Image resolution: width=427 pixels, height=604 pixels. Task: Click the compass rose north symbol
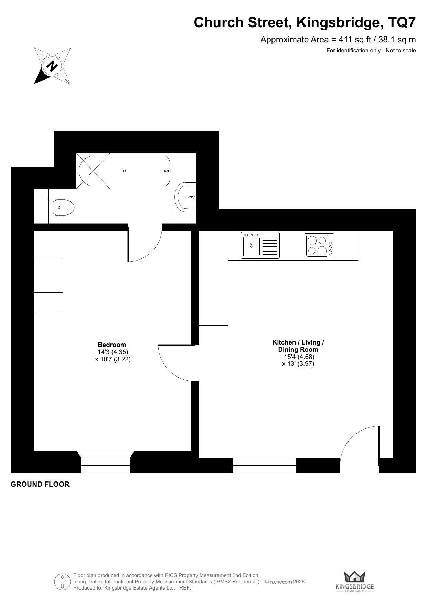point(52,66)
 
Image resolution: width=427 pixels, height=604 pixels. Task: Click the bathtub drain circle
point(124,171)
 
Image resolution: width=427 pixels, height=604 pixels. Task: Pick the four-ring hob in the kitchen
point(319,245)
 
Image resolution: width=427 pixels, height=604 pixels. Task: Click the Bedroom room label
point(112,345)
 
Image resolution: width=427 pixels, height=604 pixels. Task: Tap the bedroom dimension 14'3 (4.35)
point(113,352)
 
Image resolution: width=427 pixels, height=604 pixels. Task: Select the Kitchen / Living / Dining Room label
point(298,346)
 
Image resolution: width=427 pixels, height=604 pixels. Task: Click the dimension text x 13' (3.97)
point(298,364)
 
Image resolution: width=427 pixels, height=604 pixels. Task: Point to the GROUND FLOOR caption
point(40,484)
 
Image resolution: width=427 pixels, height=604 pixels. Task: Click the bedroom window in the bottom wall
point(105,462)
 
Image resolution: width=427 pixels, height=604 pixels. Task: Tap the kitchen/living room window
point(264,465)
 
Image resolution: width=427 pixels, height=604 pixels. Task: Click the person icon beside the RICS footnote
point(62,582)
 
